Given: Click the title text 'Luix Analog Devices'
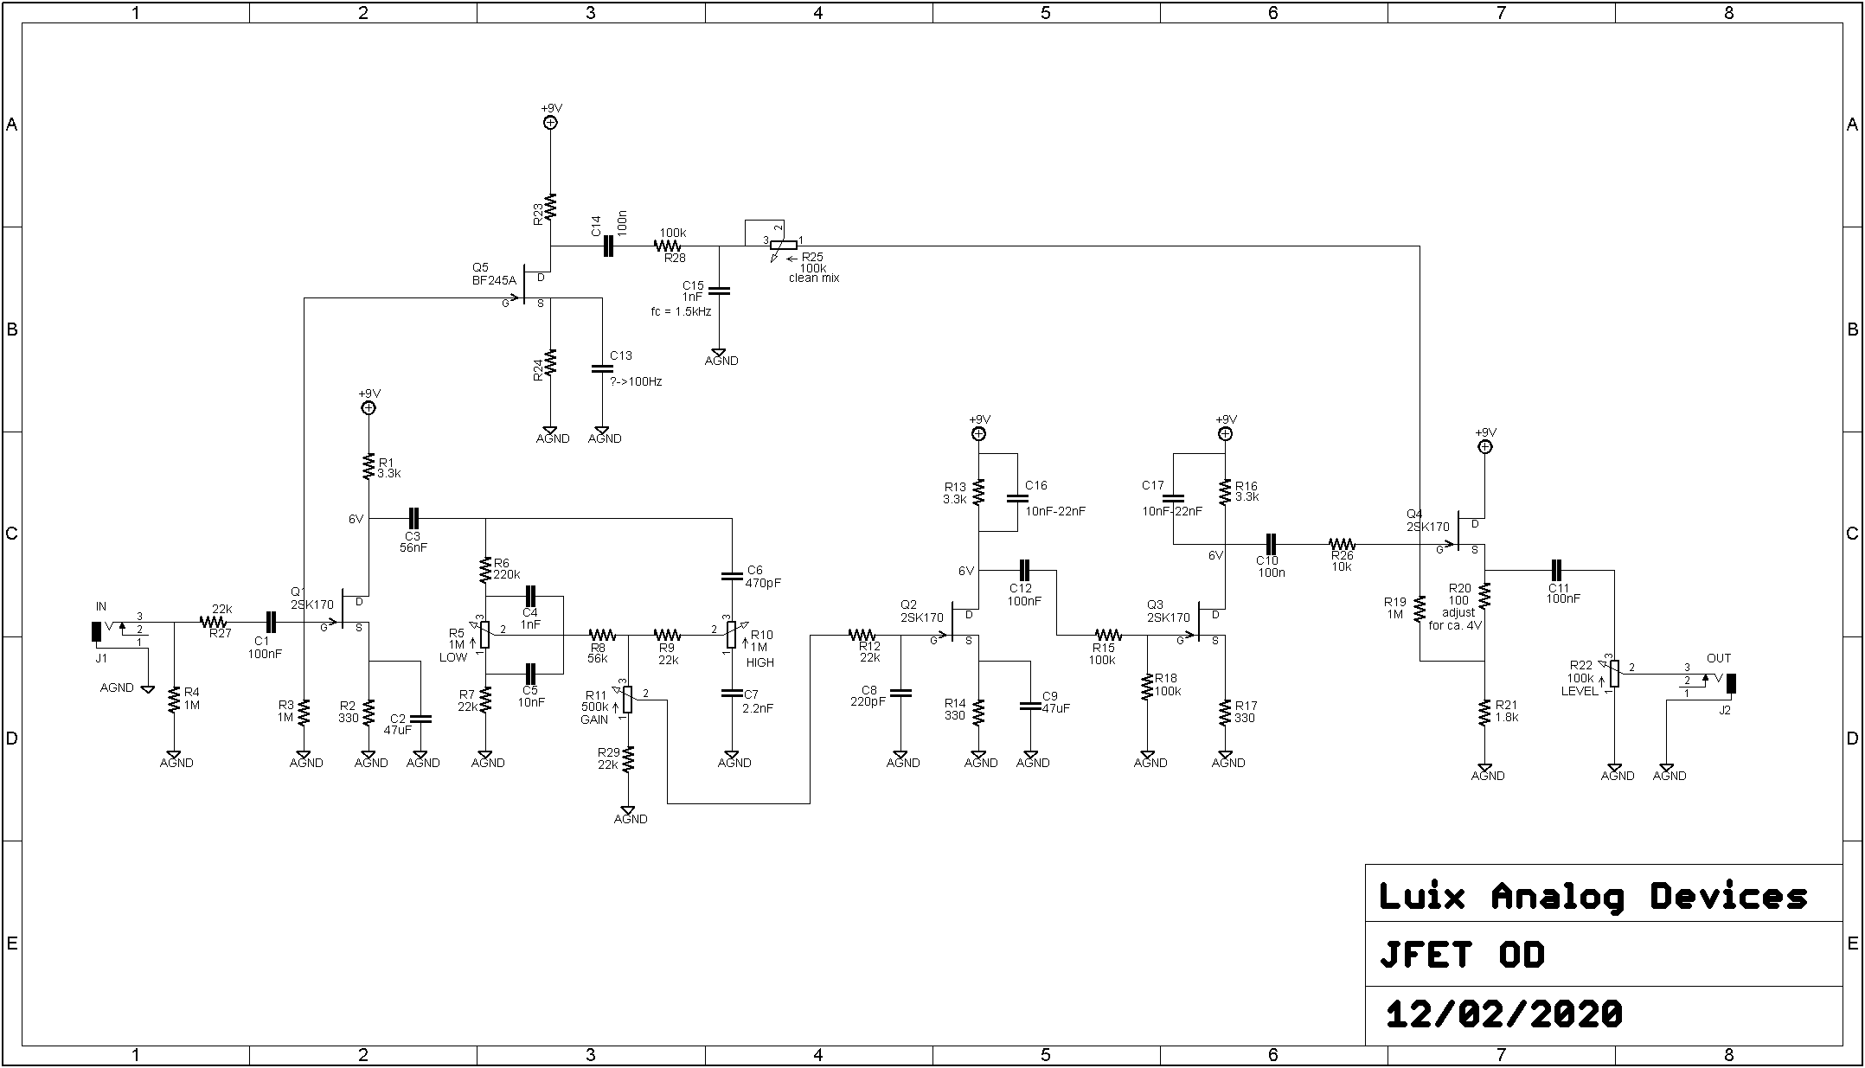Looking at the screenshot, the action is click(x=1593, y=896).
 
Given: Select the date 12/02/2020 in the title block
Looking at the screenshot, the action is click(x=1504, y=1014).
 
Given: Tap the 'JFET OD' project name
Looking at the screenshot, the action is click(x=1462, y=955).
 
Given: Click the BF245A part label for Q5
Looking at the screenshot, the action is click(x=494, y=280).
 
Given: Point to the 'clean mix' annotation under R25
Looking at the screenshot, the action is click(x=814, y=278).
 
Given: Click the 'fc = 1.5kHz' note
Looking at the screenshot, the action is click(x=681, y=311).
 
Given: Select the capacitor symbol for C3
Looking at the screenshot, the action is click(x=413, y=519).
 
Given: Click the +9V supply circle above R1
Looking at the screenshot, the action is click(x=369, y=408).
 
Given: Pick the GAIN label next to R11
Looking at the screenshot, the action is click(x=594, y=719).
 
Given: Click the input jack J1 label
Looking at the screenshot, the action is click(x=101, y=658).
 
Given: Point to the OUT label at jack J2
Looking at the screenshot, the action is click(x=1719, y=658).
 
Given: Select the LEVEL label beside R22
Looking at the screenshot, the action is click(x=1579, y=691).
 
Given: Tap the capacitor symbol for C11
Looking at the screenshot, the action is click(x=1556, y=571).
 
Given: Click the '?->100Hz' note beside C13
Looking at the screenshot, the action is click(x=636, y=381).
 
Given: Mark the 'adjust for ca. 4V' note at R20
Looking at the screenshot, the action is click(x=1457, y=618).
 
